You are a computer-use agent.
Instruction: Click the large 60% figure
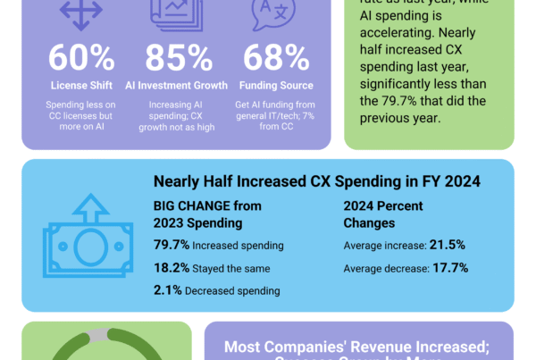tap(81, 58)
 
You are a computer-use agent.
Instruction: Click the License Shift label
tap(81, 86)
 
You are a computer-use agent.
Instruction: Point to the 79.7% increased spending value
tap(172, 245)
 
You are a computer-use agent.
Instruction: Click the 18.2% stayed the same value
tap(172, 267)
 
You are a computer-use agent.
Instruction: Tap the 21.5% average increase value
tap(447, 245)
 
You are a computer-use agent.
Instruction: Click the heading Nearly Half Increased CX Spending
tap(316, 182)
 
